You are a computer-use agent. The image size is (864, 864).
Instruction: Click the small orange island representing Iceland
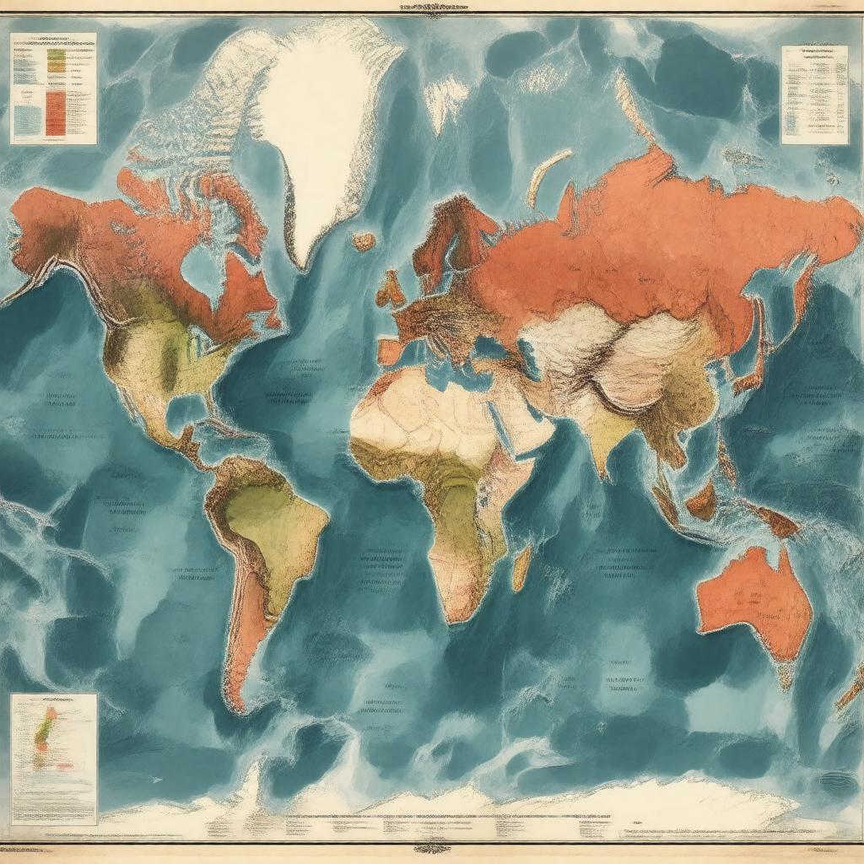click(x=364, y=241)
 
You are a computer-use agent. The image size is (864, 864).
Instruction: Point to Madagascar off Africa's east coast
click(x=521, y=566)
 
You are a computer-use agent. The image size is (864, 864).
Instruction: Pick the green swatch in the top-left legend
click(x=56, y=59)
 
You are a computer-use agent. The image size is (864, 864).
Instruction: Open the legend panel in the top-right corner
click(x=813, y=94)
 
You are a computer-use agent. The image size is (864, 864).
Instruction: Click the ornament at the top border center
click(x=431, y=9)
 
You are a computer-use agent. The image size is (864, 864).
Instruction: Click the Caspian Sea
click(x=531, y=354)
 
